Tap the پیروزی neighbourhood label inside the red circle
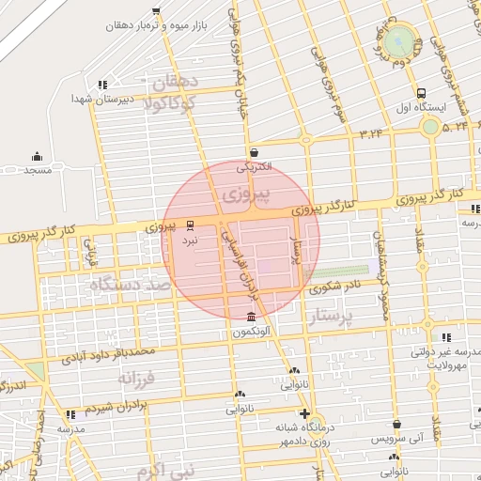pyautogui.click(x=247, y=194)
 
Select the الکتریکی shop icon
pyautogui.click(x=255, y=151)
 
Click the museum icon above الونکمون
pyautogui.click(x=250, y=317)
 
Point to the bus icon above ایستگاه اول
pyautogui.click(x=421, y=94)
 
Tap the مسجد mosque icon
pyautogui.click(x=37, y=156)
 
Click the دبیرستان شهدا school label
pyautogui.click(x=104, y=98)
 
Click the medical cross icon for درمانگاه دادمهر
pyautogui.click(x=303, y=413)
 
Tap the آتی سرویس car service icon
pyautogui.click(x=397, y=424)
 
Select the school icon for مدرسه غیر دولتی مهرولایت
pyautogui.click(x=445, y=336)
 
